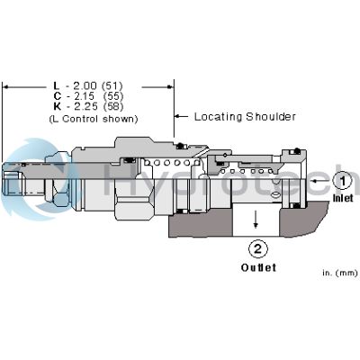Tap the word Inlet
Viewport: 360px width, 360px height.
(x=344, y=198)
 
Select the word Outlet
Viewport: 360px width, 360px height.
(x=257, y=267)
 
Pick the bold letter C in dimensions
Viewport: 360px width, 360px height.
(x=57, y=96)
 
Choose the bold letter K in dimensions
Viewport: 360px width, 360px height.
(x=57, y=107)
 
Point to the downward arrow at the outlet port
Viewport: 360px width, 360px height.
(x=256, y=216)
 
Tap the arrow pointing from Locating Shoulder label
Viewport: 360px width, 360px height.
(x=178, y=116)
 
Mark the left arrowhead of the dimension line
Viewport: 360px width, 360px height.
(x=6, y=86)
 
